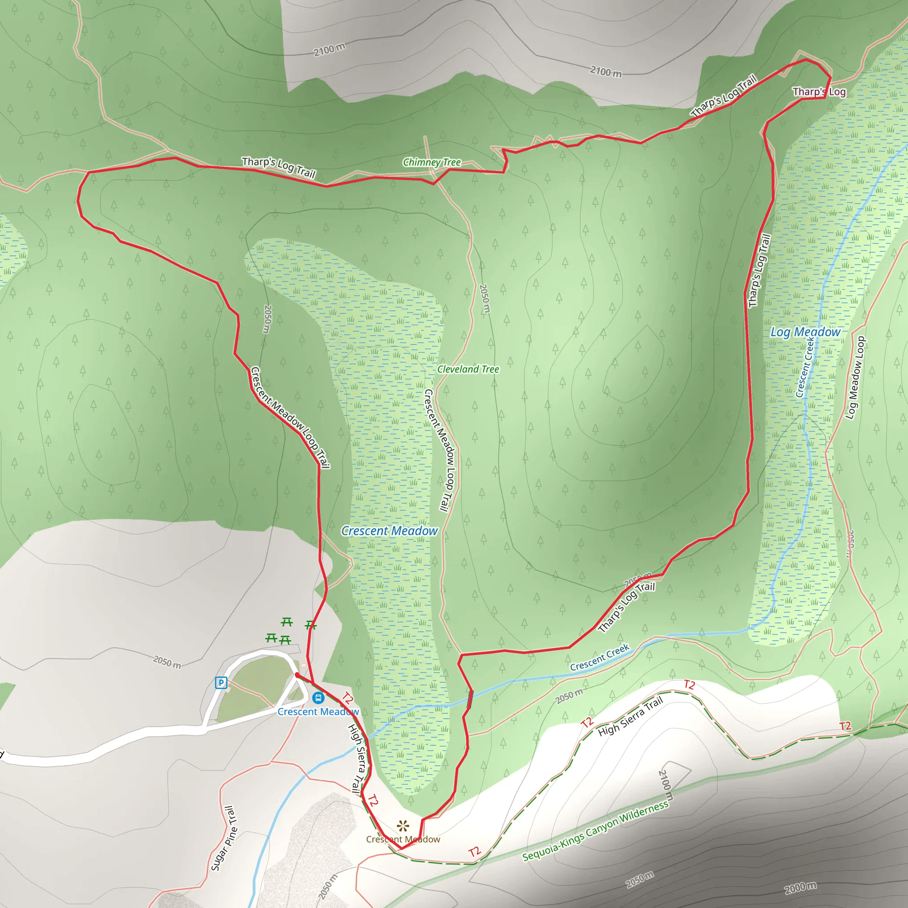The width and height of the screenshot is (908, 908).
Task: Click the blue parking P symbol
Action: pos(220,682)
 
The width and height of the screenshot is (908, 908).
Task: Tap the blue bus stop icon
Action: pos(318,697)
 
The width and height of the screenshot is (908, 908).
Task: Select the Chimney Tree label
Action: pos(431,162)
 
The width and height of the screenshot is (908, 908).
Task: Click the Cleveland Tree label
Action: pos(468,369)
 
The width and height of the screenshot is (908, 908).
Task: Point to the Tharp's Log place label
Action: pos(819,92)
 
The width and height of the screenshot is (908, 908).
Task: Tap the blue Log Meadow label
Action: pos(805,332)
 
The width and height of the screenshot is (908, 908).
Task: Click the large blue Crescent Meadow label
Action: pos(389,531)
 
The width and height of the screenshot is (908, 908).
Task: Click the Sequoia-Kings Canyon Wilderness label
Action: pos(595,830)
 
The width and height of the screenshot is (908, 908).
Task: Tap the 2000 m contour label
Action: pos(800,887)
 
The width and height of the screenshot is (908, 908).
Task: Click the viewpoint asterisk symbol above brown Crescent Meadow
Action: pos(403,826)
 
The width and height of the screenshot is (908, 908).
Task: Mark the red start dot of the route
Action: pos(297,675)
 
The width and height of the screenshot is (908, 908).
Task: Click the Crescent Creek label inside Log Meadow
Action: pos(805,367)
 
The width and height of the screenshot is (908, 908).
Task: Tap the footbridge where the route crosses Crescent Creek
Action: pos(470,699)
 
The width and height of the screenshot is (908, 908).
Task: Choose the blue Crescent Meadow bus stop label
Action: pos(318,712)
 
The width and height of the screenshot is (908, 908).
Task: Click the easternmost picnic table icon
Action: pos(311,625)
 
